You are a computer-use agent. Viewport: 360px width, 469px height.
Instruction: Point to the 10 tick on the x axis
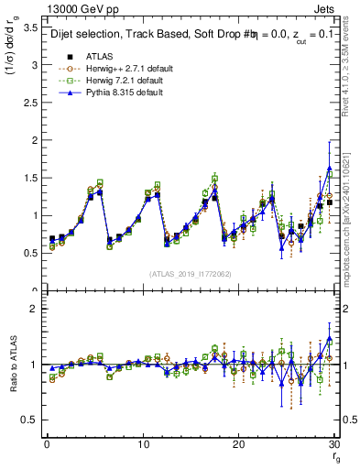pyautogui.click(x=143, y=444)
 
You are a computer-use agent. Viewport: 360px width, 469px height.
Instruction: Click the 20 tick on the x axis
pyautogui.click(x=239, y=444)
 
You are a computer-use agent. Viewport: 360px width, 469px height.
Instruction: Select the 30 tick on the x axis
pyautogui.click(x=334, y=444)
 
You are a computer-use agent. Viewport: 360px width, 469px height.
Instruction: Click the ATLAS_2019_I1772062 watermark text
pyautogui.click(x=190, y=274)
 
